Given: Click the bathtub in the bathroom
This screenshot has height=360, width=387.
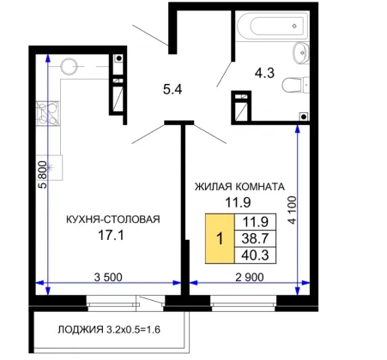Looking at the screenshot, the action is coord(273,26).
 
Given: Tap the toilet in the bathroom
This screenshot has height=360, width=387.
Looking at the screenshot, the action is coord(295,85).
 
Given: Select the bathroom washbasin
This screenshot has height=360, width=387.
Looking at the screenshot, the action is coord(301,53).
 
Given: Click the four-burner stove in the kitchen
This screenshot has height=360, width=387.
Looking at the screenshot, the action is coord(48,113).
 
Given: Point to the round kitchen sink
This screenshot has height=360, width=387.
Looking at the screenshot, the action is coord(69,66).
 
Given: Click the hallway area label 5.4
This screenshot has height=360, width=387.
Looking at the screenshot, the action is coord(172,90).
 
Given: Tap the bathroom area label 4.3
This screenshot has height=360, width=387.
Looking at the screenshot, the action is coord(264,73).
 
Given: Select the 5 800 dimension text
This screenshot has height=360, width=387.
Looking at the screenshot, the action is coord(42,174).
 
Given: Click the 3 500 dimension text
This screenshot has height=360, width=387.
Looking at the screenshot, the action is coord(108,277).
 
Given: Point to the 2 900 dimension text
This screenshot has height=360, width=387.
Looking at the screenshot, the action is coord(250,277).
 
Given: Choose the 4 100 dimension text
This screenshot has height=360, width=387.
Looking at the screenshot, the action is coord(293,210).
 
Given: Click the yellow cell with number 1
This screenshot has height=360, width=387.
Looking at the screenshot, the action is coord(220,238).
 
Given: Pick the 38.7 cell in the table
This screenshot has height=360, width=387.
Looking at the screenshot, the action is coord(255,238).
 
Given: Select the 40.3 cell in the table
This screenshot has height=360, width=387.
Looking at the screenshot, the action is coord(255,255).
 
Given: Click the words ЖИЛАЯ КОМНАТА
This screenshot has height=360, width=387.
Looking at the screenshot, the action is coord(239,187).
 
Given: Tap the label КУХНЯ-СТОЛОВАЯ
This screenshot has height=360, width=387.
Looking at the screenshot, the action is coord(113,219).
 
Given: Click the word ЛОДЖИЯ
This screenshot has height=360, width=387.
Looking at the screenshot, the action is coord(81,329).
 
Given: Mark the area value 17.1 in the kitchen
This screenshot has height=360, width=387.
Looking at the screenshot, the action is coord(111,236).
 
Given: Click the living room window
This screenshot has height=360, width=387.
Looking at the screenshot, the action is coord(243,303).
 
